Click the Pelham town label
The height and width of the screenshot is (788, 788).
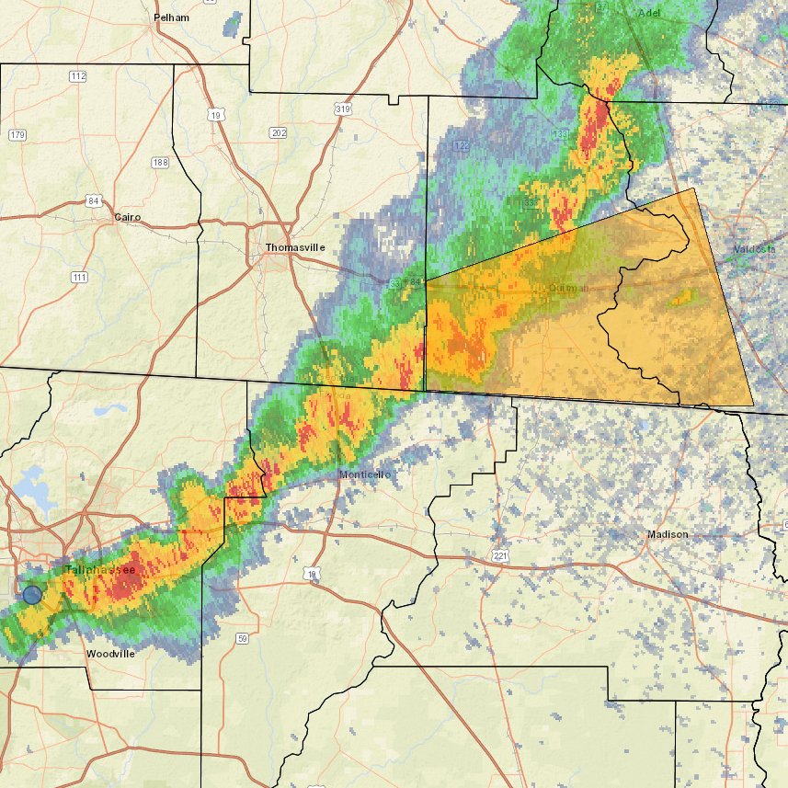pyautogui.click(x=171, y=17)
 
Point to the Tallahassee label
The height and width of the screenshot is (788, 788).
pyautogui.click(x=99, y=570)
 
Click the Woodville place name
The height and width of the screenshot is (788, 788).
pyautogui.click(x=110, y=654)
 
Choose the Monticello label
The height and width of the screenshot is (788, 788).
pyautogui.click(x=365, y=474)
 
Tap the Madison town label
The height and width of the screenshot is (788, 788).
pyautogui.click(x=668, y=534)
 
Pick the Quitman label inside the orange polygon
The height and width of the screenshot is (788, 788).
pyautogui.click(x=567, y=288)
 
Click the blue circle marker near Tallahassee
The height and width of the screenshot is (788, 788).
pyautogui.click(x=32, y=594)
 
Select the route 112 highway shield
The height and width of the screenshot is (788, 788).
pyautogui.click(x=78, y=75)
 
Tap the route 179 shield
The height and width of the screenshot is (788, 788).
pyautogui.click(x=17, y=135)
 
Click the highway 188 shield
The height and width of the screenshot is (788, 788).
pyautogui.click(x=161, y=162)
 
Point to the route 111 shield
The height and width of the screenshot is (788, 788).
pyautogui.click(x=79, y=277)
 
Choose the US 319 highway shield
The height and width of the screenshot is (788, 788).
pyautogui.click(x=343, y=109)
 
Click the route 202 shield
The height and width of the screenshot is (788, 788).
pyautogui.click(x=279, y=133)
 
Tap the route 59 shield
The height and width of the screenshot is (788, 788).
pyautogui.click(x=243, y=638)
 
